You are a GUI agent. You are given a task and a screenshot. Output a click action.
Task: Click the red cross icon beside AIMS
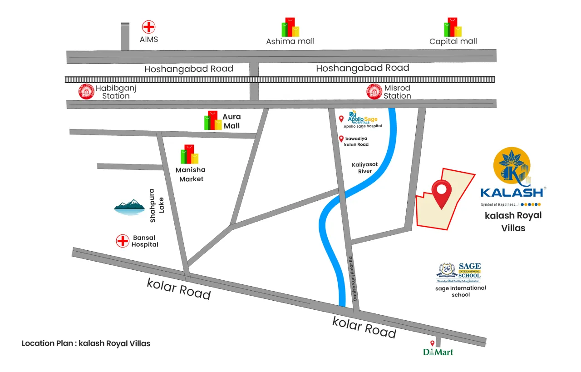(x=148, y=27)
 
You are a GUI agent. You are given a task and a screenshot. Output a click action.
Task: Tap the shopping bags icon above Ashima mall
(x=290, y=27)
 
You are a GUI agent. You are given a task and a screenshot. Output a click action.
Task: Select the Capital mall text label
(x=453, y=41)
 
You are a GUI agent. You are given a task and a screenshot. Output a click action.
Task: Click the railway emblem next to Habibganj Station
(x=84, y=92)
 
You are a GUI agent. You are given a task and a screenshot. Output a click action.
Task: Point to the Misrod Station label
(x=397, y=92)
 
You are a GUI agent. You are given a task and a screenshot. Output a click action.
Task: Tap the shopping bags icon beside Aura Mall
(x=212, y=120)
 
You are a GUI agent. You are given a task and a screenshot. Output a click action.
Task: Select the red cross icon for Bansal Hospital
(x=123, y=241)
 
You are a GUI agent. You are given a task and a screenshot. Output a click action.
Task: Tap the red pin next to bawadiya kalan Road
(x=341, y=139)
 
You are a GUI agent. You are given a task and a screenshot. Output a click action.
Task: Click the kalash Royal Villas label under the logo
(x=513, y=221)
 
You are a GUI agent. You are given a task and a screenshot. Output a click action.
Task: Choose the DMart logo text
(x=438, y=352)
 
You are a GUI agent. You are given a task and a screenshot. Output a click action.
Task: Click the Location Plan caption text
(x=86, y=343)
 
